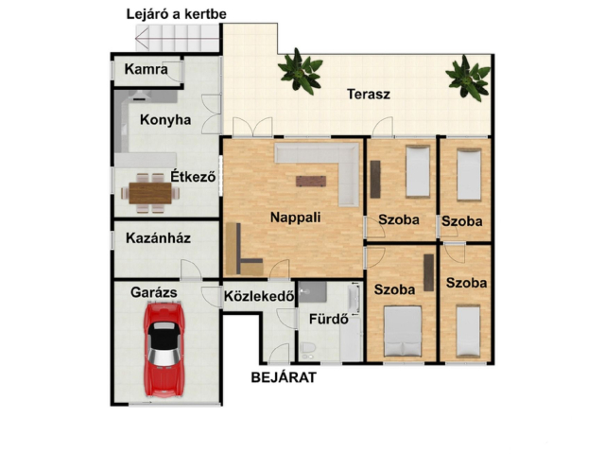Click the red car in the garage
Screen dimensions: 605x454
click(x=164, y=350)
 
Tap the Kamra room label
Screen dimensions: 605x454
click(x=147, y=69)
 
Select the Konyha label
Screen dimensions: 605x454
click(x=165, y=120)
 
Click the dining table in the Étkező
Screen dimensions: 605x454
click(x=150, y=193)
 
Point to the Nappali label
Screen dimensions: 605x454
click(x=296, y=218)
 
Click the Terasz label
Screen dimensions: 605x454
click(x=369, y=95)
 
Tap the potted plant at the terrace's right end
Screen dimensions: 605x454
click(x=468, y=78)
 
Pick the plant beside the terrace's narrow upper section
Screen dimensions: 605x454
click(x=301, y=71)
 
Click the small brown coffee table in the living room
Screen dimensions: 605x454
click(x=311, y=181)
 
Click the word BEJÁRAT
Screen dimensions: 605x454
click(x=284, y=377)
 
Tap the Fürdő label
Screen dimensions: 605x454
click(x=329, y=320)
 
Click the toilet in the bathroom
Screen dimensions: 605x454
click(x=308, y=349)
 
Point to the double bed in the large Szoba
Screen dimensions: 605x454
click(x=403, y=331)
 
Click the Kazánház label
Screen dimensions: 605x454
click(x=158, y=238)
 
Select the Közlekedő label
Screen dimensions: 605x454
click(x=259, y=296)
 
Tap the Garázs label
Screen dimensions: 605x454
click(x=153, y=292)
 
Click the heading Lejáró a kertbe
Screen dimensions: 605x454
click(x=177, y=14)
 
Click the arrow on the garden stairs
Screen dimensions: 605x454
click(x=177, y=38)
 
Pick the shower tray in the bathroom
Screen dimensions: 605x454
click(x=313, y=292)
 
